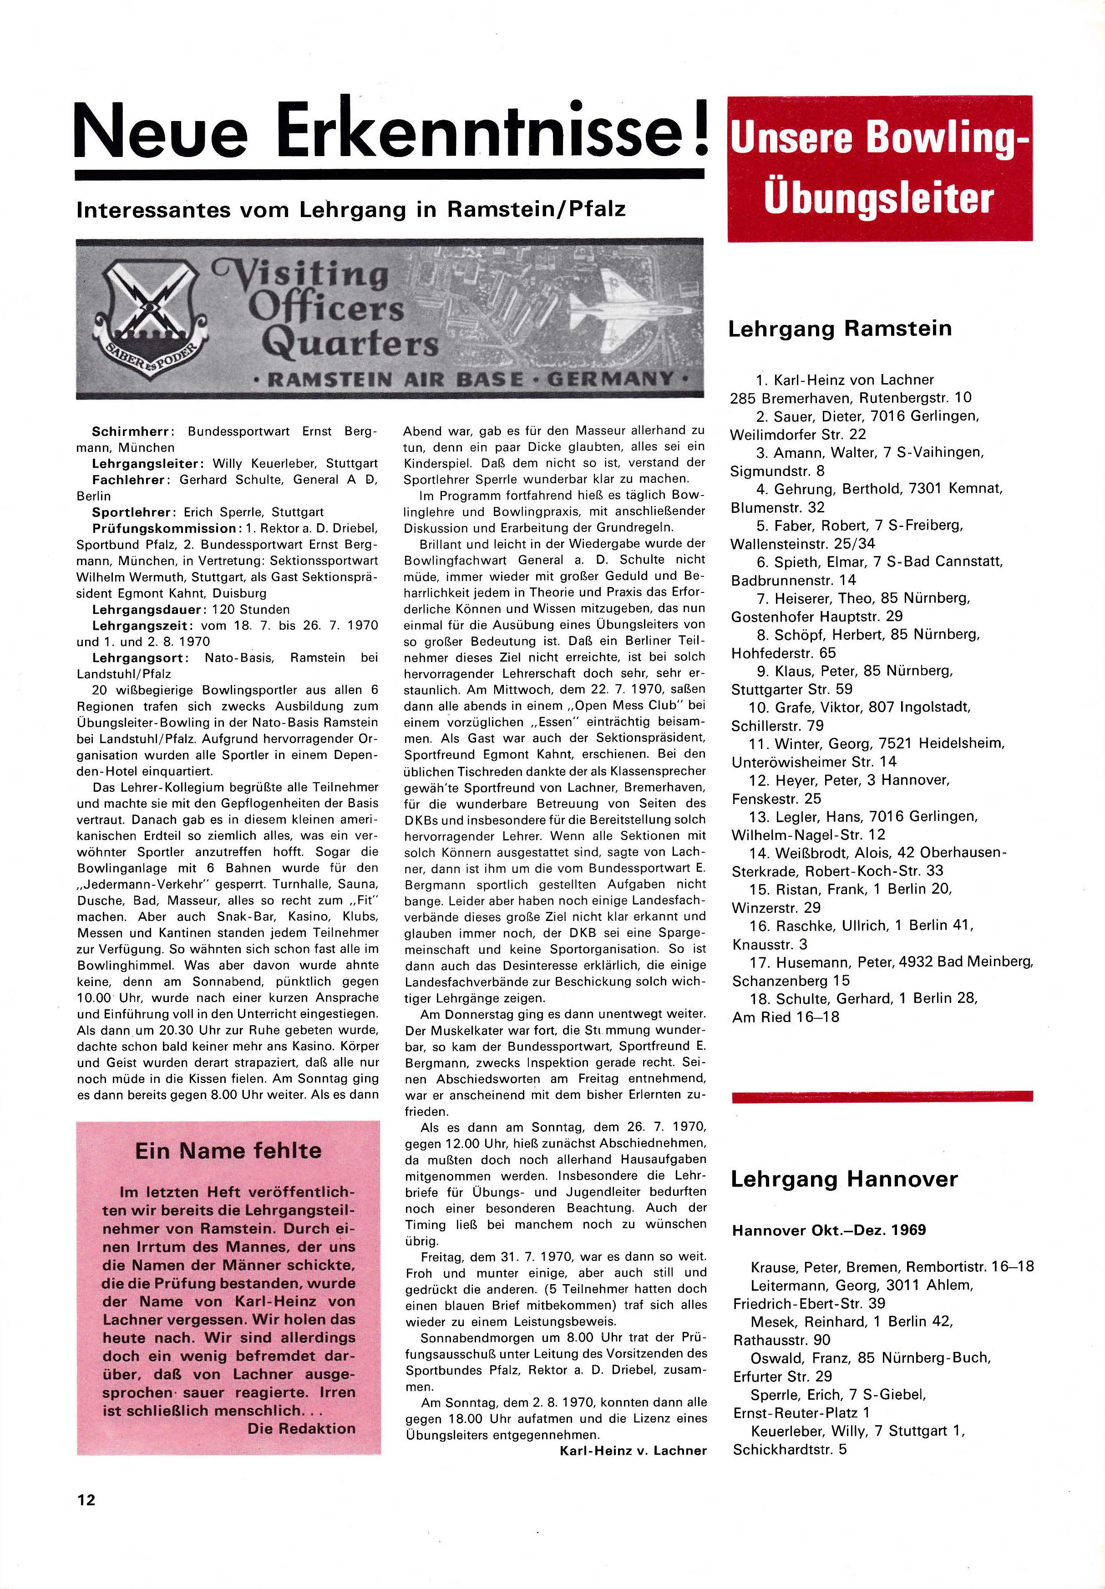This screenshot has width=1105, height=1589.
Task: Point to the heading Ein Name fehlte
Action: [228, 1150]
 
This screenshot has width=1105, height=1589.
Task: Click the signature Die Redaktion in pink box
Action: [301, 1428]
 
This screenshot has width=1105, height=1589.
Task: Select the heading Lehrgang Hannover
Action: [844, 1179]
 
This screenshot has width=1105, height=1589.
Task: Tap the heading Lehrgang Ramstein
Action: [840, 328]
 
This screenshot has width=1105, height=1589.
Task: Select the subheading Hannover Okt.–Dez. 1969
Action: [829, 1230]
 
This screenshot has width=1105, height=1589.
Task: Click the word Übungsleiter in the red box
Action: [879, 198]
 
